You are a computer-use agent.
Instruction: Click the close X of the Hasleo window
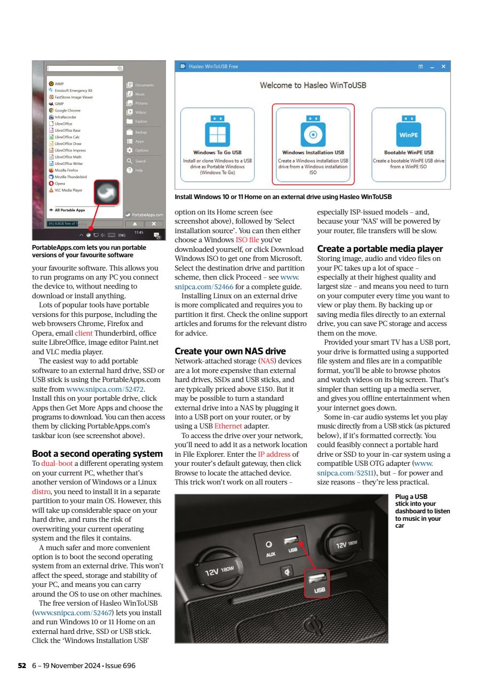pyautogui.click(x=443, y=67)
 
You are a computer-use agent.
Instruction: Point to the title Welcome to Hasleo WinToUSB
pyautogui.click(x=313, y=85)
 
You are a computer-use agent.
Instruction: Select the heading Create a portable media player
pyautogui.click(x=380, y=249)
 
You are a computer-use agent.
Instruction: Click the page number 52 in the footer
pyautogui.click(x=22, y=665)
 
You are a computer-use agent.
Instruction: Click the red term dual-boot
pyautogui.click(x=53, y=463)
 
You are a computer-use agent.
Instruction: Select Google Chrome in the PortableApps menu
pyautogui.click(x=67, y=110)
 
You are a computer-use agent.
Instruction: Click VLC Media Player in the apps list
pyautogui.click(x=69, y=190)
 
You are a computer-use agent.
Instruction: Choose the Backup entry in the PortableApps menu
pyautogui.click(x=140, y=132)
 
